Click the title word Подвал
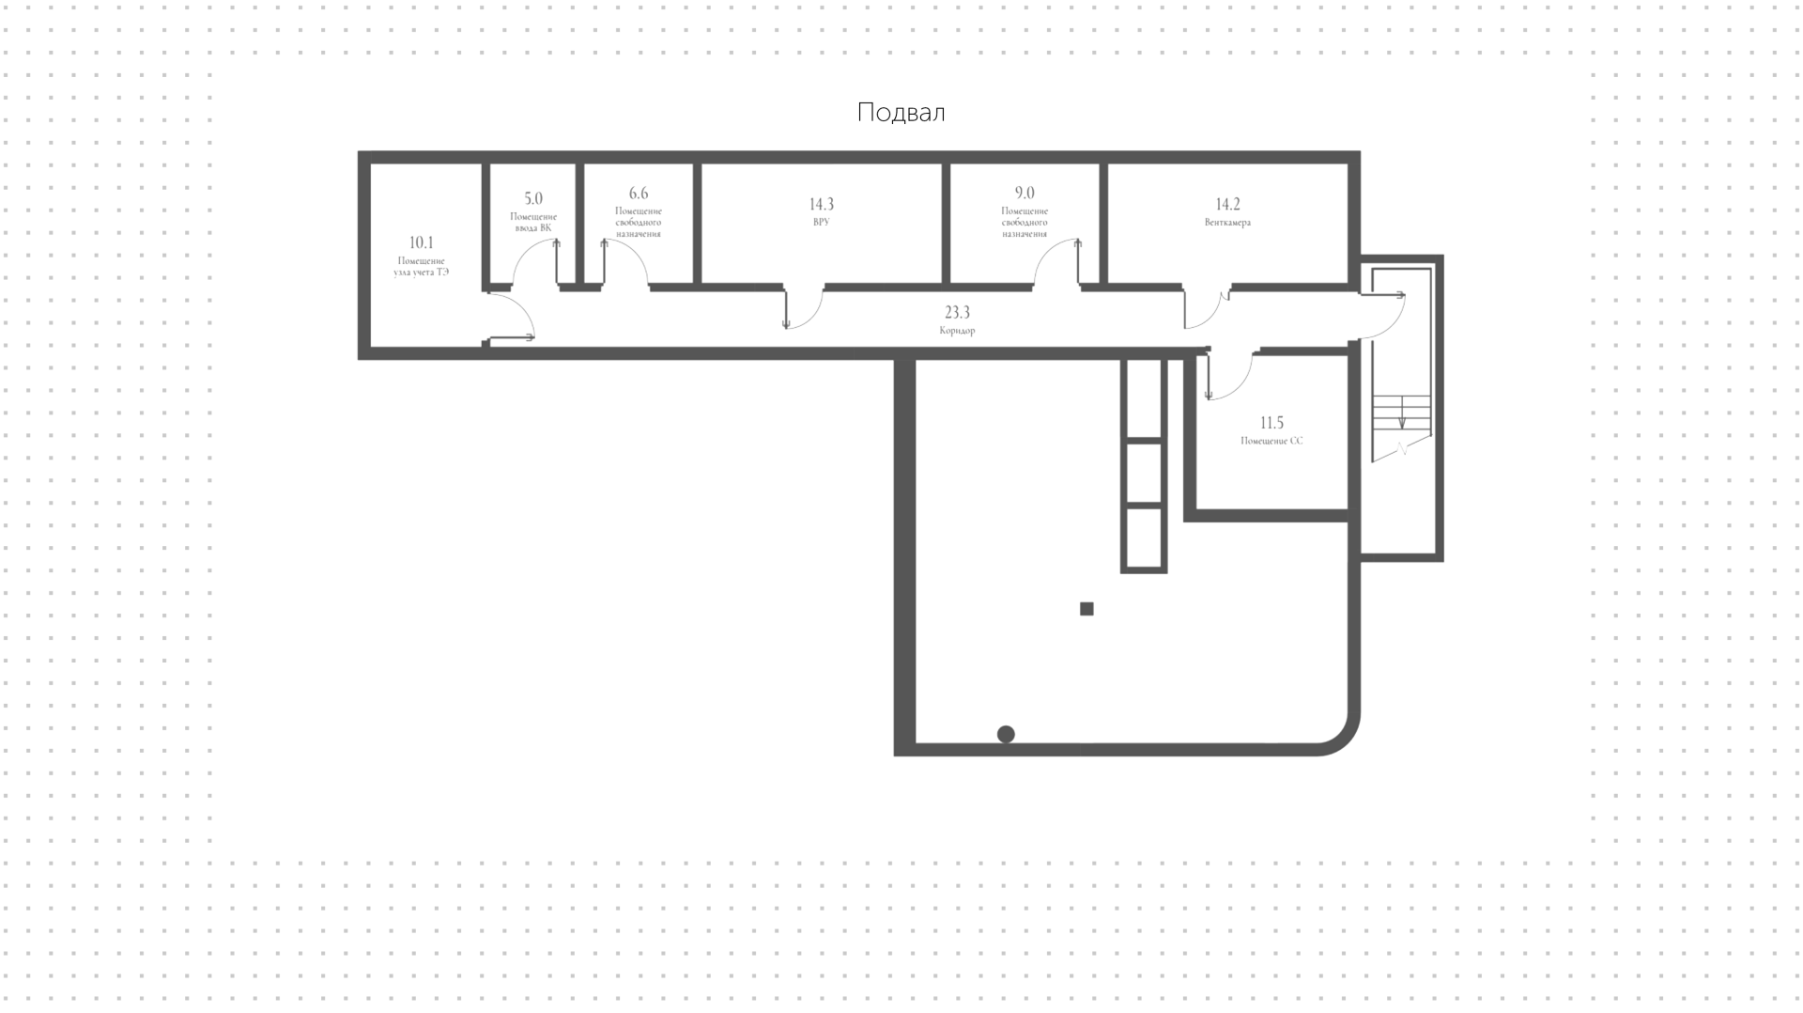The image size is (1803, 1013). coord(901,113)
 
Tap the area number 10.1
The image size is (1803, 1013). coord(422,242)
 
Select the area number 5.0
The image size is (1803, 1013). coord(533,198)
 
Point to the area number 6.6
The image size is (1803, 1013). coord(639,194)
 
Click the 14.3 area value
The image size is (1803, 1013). coord(822,204)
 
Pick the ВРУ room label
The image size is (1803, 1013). coord(822,223)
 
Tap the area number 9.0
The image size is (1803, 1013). coord(1025,193)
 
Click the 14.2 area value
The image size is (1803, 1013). coord(1228,204)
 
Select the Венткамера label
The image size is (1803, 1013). coord(1227,223)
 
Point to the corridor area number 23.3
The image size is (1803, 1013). coord(957,312)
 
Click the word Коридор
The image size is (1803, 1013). coord(957,331)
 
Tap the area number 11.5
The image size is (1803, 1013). coord(1271,423)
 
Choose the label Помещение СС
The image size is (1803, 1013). coord(1271,441)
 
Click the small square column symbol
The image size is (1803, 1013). coord(1086,609)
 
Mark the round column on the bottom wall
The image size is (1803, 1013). coord(1006,734)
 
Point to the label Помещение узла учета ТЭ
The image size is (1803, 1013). coord(421,266)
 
